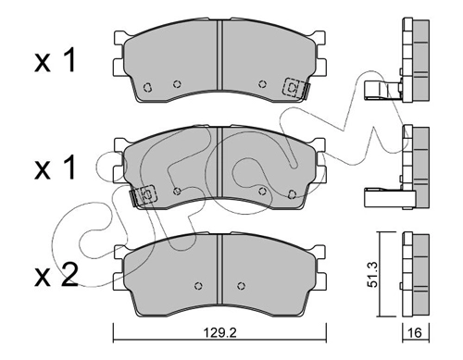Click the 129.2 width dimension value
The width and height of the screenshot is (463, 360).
(x=219, y=333)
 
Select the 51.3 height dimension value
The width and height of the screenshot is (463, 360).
(x=373, y=275)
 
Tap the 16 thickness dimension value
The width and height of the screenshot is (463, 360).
(x=416, y=333)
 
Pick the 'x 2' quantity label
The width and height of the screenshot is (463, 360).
(x=56, y=276)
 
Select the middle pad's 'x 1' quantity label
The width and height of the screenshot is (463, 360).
(x=56, y=168)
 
